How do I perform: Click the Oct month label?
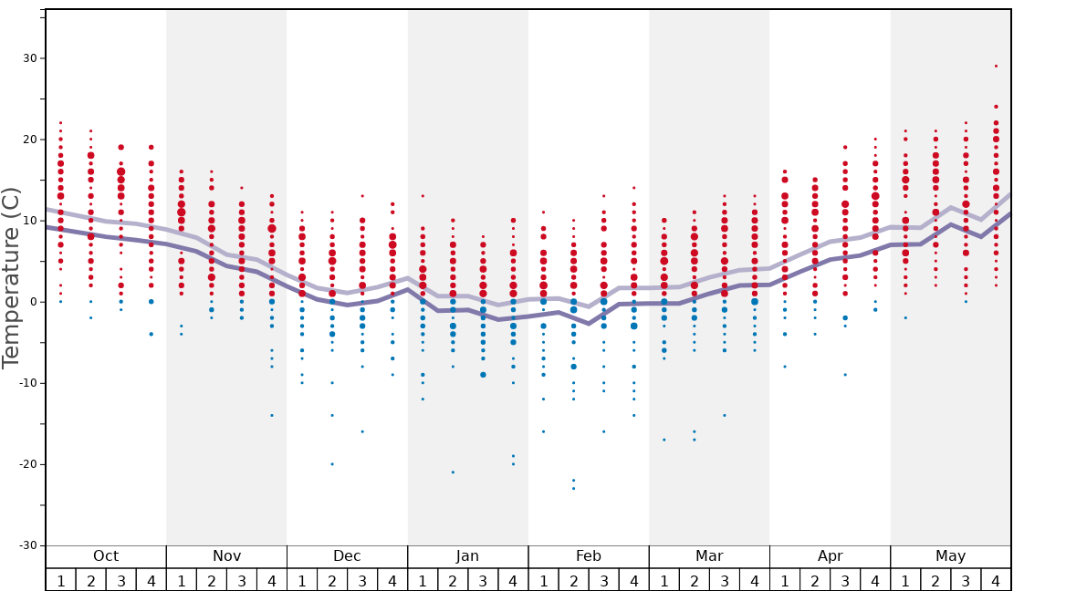point(106,556)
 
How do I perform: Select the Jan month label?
point(467,556)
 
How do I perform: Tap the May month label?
point(950,556)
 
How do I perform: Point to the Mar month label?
point(709,556)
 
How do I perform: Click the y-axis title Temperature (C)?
point(12,277)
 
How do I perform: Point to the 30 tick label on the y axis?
point(28,58)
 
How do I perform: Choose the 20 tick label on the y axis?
point(28,140)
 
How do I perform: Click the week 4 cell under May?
point(996,580)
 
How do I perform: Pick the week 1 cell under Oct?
point(61,580)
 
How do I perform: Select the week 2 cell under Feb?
point(573,580)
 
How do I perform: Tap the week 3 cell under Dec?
point(362,580)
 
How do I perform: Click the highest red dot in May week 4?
point(996,66)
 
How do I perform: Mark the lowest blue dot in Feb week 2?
point(573,488)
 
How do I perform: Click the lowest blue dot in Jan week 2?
point(453,472)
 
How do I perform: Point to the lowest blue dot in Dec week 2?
point(332,464)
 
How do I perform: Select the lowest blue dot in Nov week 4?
point(272,415)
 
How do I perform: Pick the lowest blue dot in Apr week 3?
point(845,375)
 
